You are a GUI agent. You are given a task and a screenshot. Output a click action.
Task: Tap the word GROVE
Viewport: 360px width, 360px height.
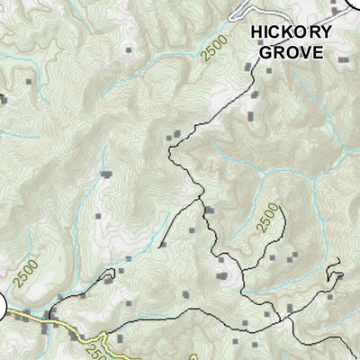(291, 51)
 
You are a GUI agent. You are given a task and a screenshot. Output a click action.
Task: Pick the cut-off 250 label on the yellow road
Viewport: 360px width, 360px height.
(98, 342)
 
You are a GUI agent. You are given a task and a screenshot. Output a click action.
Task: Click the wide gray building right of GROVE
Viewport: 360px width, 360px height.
(343, 58)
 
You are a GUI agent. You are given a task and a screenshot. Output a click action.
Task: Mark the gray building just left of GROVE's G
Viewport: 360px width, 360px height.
(249, 66)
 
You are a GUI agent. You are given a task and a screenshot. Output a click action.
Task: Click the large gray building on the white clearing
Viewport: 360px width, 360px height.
(221, 275)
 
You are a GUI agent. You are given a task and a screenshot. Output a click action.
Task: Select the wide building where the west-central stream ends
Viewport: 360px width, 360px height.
(106, 173)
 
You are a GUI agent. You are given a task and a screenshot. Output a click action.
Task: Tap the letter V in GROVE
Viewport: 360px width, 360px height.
(303, 51)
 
